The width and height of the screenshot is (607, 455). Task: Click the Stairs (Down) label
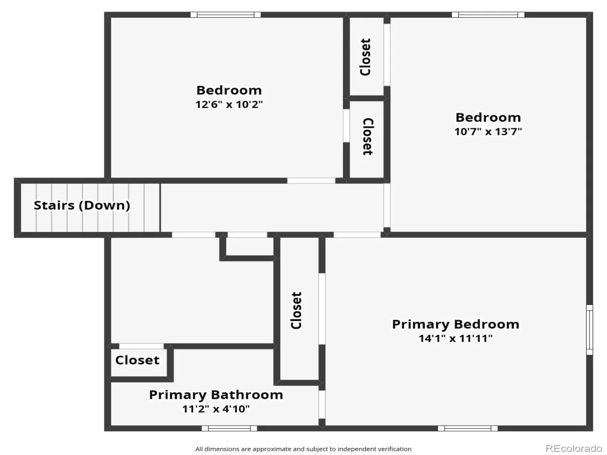[x=82, y=206]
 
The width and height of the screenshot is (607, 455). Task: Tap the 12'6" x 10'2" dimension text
[x=229, y=105]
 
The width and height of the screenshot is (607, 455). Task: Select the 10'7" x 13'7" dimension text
[x=488, y=131]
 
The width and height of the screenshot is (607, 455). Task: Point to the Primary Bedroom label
[x=455, y=325]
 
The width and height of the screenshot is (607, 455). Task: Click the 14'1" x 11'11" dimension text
[x=455, y=338]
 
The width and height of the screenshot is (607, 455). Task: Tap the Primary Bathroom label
[x=216, y=395]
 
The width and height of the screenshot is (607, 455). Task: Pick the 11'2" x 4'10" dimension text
[x=216, y=409]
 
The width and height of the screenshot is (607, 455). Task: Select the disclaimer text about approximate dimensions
[x=303, y=449]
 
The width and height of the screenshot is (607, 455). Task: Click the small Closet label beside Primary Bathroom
[x=137, y=360]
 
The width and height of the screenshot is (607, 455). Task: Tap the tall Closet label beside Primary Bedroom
[x=296, y=311]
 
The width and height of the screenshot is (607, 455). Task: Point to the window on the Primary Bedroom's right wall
[x=590, y=330]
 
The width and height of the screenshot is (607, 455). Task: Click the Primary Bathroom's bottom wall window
[x=229, y=428]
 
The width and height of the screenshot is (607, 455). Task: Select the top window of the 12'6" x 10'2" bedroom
[x=226, y=15]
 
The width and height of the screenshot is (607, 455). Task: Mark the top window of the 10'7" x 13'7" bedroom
[x=488, y=15]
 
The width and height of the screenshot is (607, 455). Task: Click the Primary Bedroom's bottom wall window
[x=467, y=428]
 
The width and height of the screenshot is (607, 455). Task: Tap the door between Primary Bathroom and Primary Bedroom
[x=322, y=404]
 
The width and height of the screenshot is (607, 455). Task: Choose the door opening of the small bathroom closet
[x=141, y=346]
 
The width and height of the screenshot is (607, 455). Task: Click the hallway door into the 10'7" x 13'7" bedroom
[x=387, y=205]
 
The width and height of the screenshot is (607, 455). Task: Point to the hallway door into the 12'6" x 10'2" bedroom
[x=311, y=180]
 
